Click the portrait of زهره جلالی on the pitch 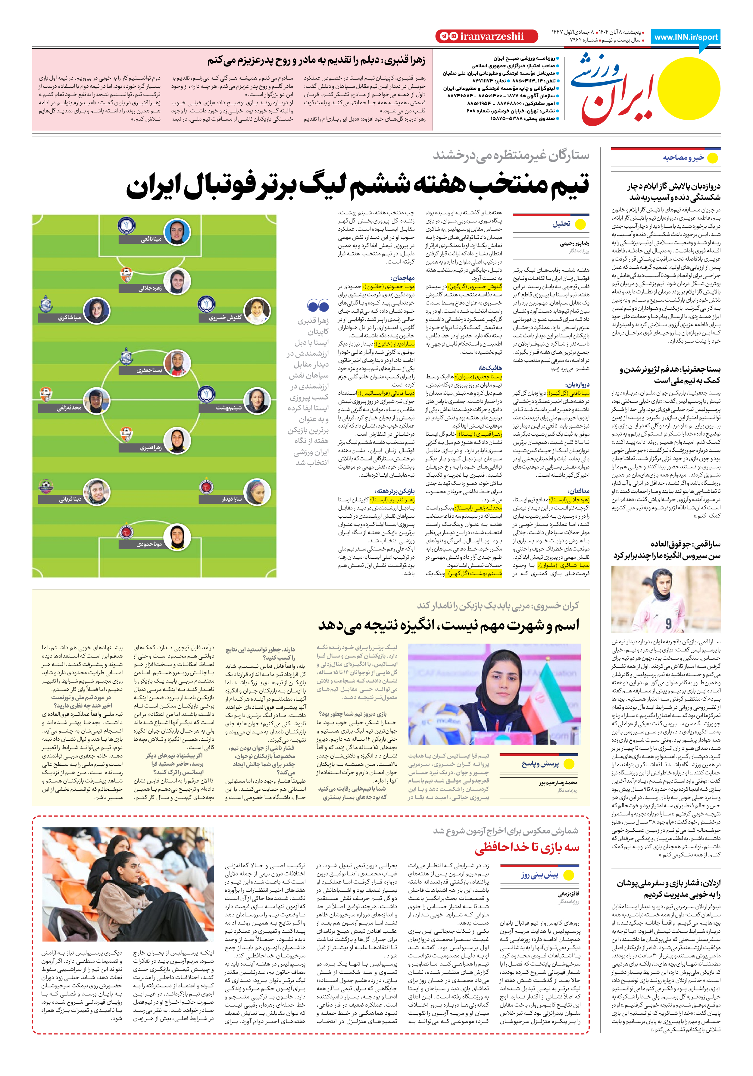(177, 281)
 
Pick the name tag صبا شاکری (70, 318)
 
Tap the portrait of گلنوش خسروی (257, 311)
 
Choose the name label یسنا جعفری (149, 370)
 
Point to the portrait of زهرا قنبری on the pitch (177, 441)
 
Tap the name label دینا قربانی (70, 499)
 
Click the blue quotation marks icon (318, 306)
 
